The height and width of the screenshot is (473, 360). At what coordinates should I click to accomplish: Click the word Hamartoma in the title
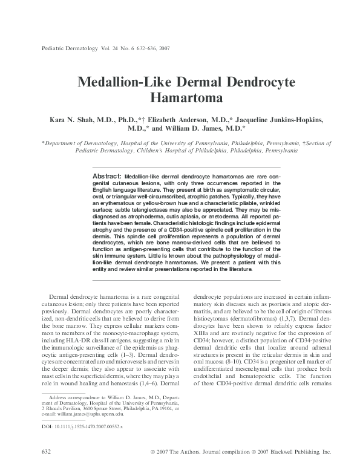(x=180, y=96)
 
